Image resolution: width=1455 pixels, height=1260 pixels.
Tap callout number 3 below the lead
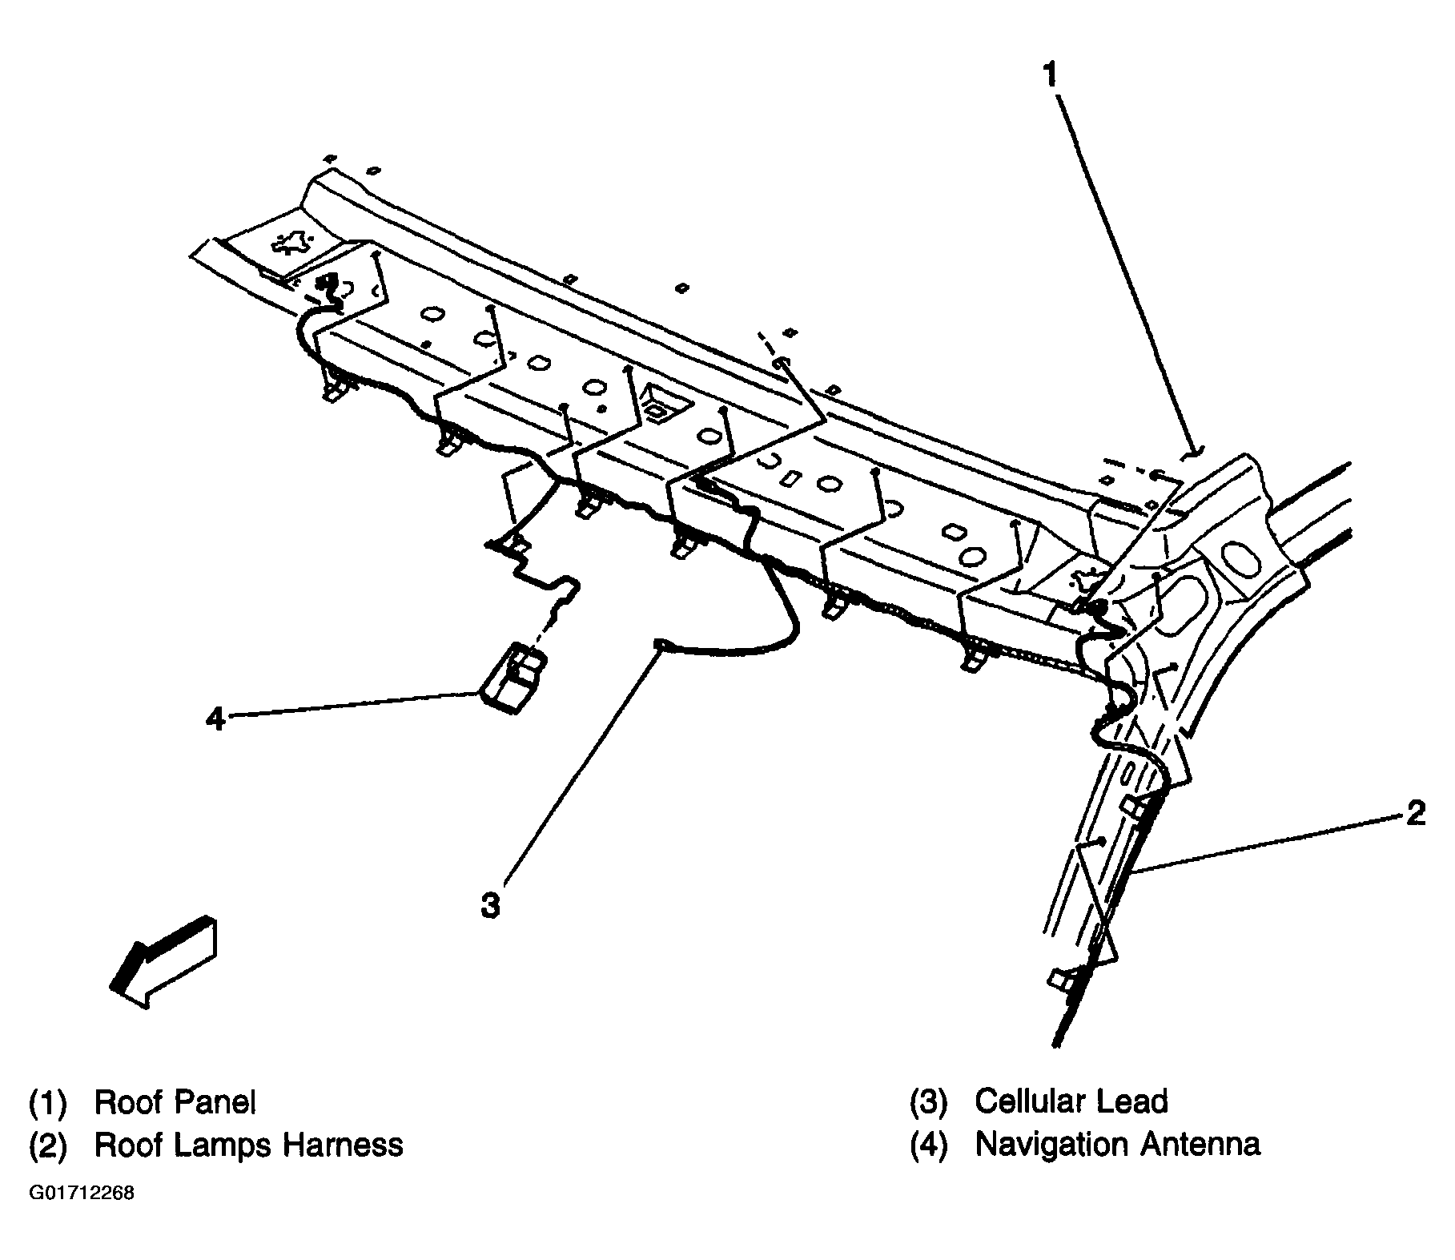[x=490, y=906]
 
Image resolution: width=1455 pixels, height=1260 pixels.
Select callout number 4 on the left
[x=215, y=718]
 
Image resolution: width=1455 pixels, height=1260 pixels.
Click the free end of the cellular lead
[x=659, y=642]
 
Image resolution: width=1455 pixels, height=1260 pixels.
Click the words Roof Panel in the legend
[x=175, y=1102]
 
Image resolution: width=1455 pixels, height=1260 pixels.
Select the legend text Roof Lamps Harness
[x=248, y=1145]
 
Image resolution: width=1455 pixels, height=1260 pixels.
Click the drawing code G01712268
[x=82, y=1193]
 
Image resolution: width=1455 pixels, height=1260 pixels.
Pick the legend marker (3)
[x=928, y=1102]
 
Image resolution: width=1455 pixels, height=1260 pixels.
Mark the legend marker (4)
[x=928, y=1145]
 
